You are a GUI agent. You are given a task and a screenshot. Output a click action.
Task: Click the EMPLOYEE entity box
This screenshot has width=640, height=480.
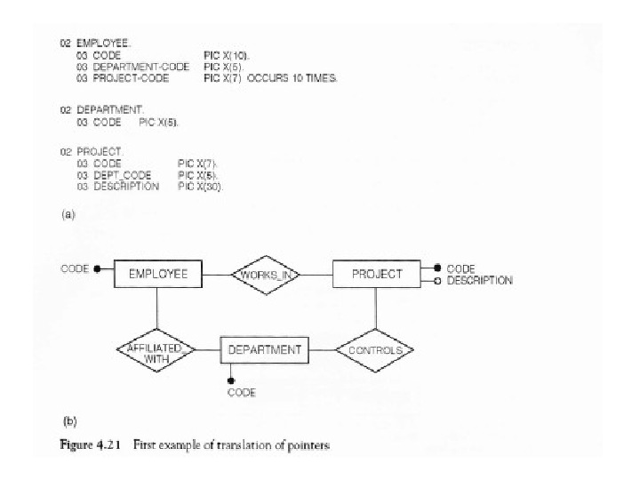pyautogui.click(x=158, y=274)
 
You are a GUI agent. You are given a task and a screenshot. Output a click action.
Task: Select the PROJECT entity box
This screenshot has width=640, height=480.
pyautogui.click(x=376, y=274)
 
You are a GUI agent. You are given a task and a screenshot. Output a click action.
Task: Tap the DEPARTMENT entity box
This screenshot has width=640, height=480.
pyautogui.click(x=264, y=350)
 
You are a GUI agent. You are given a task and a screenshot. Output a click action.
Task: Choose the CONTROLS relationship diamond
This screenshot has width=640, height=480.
pyautogui.click(x=375, y=350)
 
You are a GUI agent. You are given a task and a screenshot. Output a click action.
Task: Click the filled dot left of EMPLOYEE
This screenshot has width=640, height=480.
pyautogui.click(x=97, y=268)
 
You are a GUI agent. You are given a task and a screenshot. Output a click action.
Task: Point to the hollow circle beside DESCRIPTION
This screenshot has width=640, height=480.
pyautogui.click(x=436, y=281)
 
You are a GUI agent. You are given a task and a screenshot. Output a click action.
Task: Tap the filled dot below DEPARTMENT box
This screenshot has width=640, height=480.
pyautogui.click(x=231, y=380)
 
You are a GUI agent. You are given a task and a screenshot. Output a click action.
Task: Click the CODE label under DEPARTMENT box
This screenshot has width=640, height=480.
pyautogui.click(x=242, y=392)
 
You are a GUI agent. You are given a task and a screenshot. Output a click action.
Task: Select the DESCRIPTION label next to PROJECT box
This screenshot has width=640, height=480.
pyautogui.click(x=479, y=281)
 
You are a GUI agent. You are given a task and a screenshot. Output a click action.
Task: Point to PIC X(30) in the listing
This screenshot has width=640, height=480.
pyautogui.click(x=201, y=187)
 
